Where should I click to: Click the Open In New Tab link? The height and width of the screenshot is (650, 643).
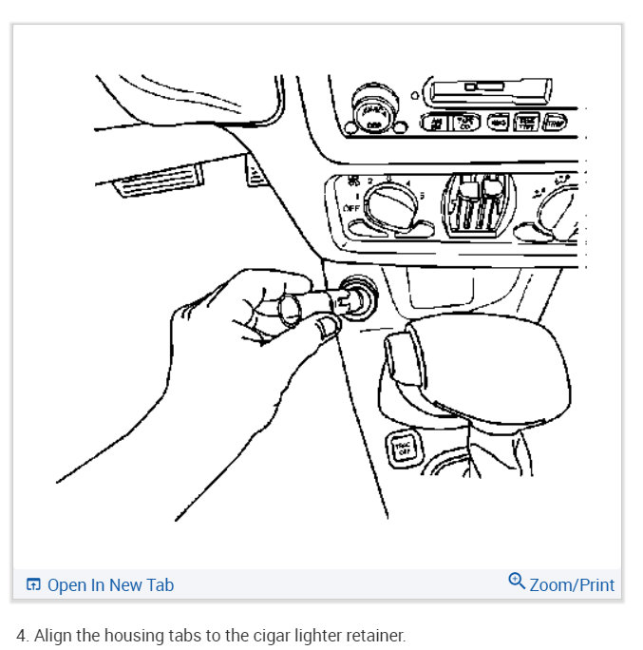coord(110,585)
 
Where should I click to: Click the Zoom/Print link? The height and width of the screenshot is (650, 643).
coord(572,585)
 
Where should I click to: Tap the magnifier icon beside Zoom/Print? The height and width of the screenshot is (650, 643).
coord(517,582)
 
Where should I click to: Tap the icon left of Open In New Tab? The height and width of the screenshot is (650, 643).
coord(33,585)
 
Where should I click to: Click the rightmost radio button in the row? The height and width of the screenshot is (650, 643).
coord(557,122)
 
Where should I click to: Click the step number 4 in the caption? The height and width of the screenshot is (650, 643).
coord(21,635)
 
